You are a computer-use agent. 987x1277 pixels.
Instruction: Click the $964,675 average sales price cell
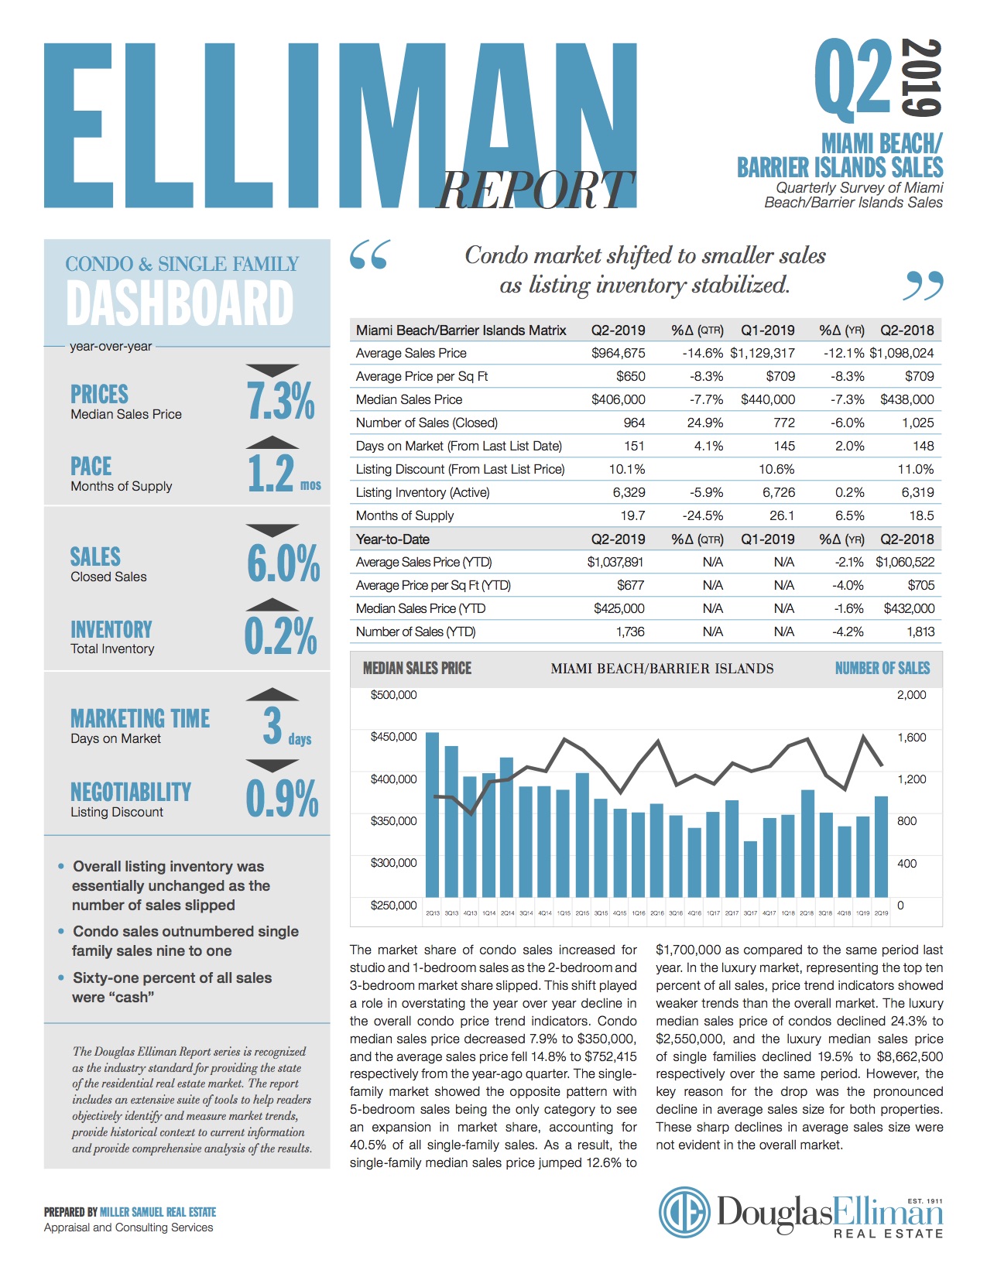pos(618,354)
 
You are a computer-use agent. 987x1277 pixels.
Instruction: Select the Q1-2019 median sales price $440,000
pos(767,400)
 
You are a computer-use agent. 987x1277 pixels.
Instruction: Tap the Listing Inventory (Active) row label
pos(423,493)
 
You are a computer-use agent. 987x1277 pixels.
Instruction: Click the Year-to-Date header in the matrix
pos(392,539)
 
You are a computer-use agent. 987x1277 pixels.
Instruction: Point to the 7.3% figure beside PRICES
pos(281,401)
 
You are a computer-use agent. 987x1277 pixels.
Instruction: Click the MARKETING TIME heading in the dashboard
pos(140,718)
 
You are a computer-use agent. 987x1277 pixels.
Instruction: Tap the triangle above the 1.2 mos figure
pos(272,443)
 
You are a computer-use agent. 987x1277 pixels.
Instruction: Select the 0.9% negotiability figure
pos(282,799)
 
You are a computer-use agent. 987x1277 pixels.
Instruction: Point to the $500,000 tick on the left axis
pos(393,695)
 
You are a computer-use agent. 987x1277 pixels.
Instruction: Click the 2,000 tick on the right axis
pos(911,695)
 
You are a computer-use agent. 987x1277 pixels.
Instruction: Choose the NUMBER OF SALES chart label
pos(882,669)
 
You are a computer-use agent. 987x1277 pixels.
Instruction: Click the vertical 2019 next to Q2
pos(923,77)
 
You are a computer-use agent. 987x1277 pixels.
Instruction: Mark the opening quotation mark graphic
pos(370,255)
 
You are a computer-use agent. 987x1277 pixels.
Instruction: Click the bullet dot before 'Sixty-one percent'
pos(61,977)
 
